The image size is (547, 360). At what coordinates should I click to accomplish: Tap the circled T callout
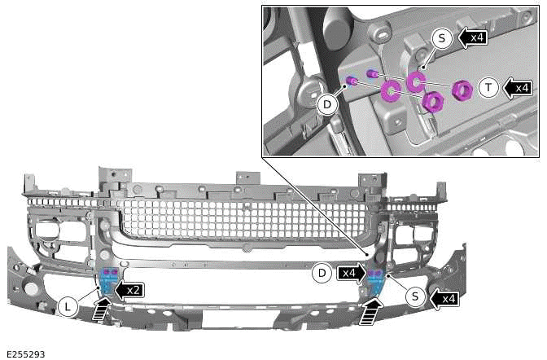point(488,88)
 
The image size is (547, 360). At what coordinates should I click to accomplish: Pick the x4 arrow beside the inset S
point(473,37)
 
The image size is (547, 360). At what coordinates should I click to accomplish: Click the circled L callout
point(69,306)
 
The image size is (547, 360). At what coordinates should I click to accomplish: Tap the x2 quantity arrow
point(129,288)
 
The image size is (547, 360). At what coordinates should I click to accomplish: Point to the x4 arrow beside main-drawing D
point(351,274)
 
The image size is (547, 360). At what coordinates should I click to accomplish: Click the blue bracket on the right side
point(375,282)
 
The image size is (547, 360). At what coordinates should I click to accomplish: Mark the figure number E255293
point(25,353)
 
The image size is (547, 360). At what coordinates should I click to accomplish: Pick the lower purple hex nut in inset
point(432,101)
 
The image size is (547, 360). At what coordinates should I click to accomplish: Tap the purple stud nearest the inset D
point(352,80)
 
